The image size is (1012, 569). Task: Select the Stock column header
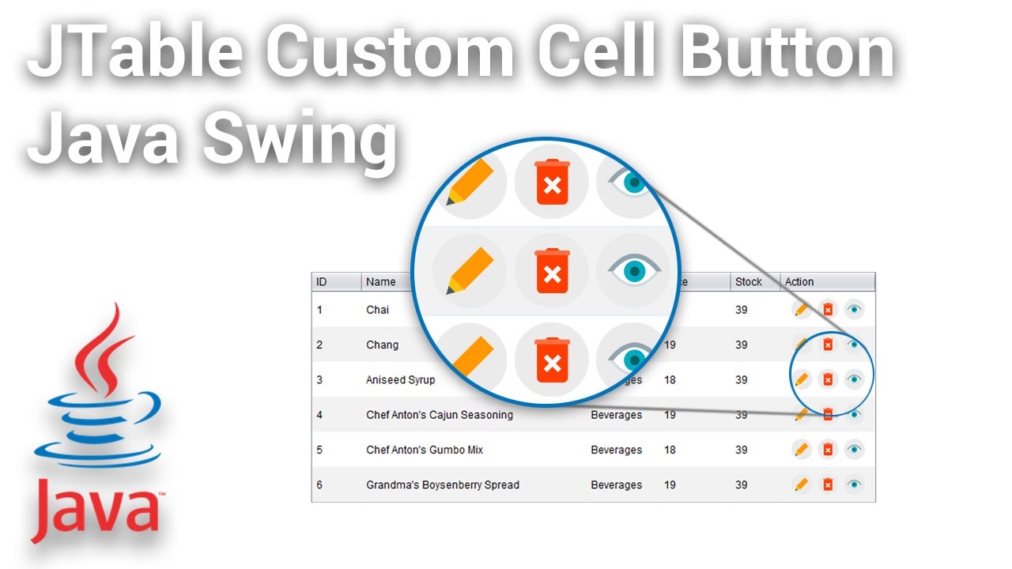[748, 282]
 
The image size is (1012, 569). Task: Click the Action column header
[799, 282]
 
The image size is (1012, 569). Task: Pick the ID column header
[322, 282]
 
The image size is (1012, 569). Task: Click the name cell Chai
[377, 310]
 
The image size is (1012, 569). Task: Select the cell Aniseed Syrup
[400, 379]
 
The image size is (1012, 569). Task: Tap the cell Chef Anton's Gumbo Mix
[424, 450]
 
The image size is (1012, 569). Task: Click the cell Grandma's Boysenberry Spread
[442, 484]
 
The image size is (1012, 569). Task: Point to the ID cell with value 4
[319, 415]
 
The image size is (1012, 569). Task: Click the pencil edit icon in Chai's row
[802, 310]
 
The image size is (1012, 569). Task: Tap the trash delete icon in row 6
[828, 484]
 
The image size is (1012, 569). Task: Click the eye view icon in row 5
[854, 450]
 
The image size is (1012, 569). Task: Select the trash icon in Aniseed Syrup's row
[828, 379]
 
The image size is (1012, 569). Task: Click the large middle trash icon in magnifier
[552, 271]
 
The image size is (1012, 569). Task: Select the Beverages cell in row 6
[616, 484]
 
